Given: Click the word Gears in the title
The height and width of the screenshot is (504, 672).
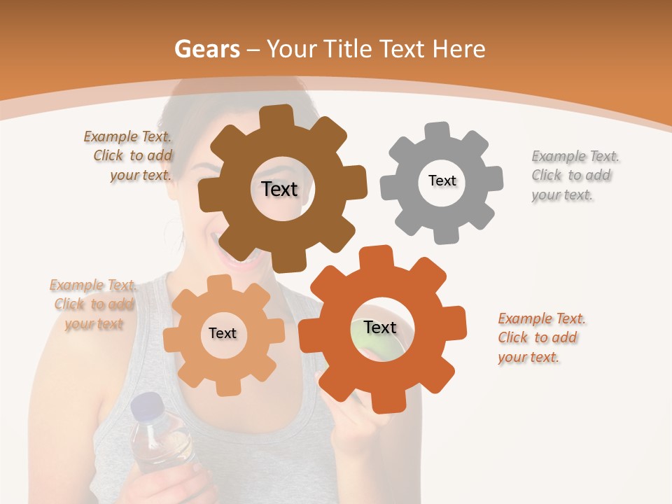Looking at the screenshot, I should click(x=206, y=49).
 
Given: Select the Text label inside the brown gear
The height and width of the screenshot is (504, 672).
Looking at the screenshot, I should click(x=279, y=189).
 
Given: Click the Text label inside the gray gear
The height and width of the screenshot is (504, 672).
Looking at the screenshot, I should click(x=442, y=181).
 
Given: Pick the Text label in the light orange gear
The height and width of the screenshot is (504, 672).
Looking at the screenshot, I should click(x=223, y=333).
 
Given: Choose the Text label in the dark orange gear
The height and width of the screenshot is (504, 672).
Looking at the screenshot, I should click(x=380, y=328).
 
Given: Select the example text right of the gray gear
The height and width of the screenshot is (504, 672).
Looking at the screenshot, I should click(x=574, y=175).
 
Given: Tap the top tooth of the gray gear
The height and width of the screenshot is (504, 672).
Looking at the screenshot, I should click(x=438, y=131).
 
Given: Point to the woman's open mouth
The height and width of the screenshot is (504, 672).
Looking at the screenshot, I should click(x=240, y=257).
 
